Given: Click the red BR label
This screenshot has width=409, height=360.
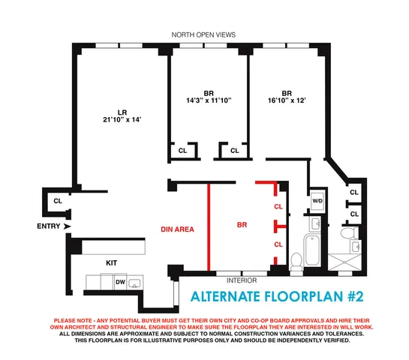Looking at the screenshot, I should (x=242, y=224).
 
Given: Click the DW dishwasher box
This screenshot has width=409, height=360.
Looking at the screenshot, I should (x=119, y=282).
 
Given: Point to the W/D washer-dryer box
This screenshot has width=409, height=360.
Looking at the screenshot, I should (x=317, y=201).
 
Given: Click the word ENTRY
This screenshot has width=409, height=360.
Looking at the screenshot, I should (x=47, y=226).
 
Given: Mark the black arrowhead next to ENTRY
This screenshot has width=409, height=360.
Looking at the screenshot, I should (x=68, y=226).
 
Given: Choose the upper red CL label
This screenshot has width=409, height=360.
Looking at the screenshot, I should (x=278, y=206).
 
